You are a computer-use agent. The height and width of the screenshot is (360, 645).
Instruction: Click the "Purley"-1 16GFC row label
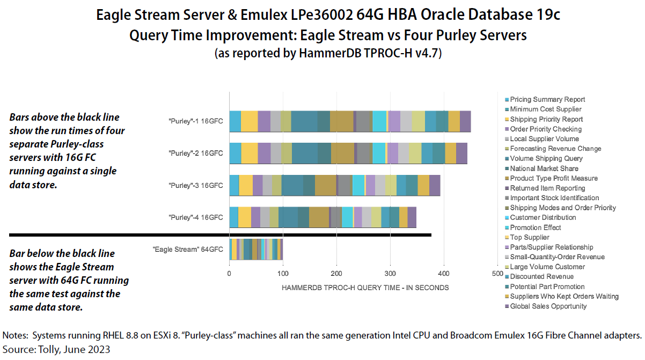[195, 121]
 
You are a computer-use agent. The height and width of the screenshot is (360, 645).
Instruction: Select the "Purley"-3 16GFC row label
[195, 186]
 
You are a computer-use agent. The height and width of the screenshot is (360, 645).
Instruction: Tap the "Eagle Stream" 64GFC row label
[187, 249]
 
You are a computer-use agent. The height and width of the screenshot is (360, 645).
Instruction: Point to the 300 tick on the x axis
[390, 274]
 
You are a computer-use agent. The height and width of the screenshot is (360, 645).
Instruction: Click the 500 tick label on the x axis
[497, 274]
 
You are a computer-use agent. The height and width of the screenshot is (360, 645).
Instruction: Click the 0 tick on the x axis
[229, 274]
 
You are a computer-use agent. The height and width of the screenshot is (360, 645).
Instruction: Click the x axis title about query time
[365, 288]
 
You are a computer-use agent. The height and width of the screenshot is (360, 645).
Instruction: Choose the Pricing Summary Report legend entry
[547, 99]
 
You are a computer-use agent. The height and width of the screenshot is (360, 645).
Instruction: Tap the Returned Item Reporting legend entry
[547, 188]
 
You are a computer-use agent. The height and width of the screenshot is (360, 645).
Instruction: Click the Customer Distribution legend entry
[543, 217]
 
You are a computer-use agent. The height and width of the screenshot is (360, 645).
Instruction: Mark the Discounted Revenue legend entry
[542, 277]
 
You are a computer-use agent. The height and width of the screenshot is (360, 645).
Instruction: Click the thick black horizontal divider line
[220, 234]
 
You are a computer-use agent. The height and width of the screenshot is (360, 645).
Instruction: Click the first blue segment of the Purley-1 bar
[235, 121]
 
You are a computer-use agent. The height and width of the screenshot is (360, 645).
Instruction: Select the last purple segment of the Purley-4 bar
[412, 217]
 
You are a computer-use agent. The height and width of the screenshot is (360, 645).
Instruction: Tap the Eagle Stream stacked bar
[256, 249]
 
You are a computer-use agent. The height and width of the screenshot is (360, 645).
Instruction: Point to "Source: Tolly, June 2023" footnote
[56, 349]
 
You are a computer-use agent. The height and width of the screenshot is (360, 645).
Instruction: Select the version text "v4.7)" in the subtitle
[427, 54]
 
